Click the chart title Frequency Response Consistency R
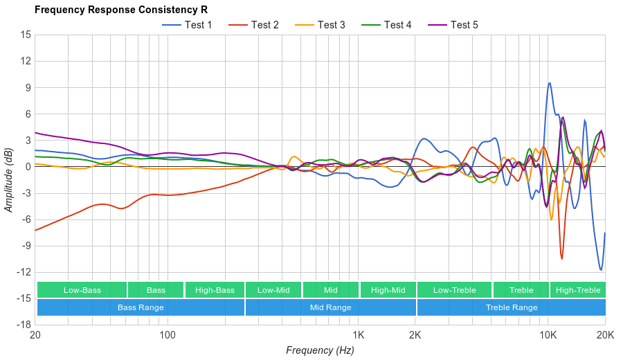pos(120,10)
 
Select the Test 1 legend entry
pos(188,25)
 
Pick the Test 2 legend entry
pos(254,25)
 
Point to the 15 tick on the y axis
pos(26,35)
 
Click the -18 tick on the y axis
pos(24,325)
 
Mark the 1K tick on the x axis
pos(358,334)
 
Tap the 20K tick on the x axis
pos(605,334)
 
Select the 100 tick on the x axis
pos(168,334)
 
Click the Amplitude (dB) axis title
pos(9,179)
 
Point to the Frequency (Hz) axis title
pos(320,350)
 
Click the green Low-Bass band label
pos(82,290)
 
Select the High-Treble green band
pos(578,290)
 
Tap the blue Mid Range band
pos(330,307)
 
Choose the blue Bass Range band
pos(141,307)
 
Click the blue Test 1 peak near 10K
pos(549,83)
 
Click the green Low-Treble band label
pos(454,290)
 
